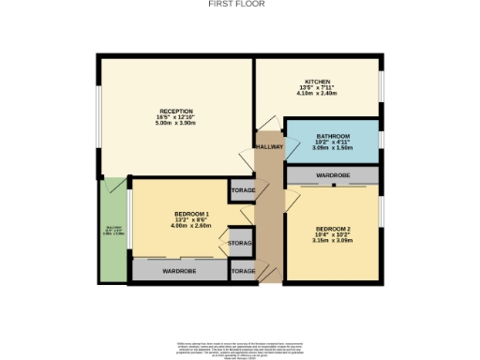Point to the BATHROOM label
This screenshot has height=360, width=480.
click(333, 137)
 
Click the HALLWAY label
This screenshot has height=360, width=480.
click(269, 147)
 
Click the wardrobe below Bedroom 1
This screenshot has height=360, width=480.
click(178, 271)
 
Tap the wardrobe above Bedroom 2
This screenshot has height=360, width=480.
click(334, 174)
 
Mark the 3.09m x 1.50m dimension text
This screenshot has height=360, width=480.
click(333, 148)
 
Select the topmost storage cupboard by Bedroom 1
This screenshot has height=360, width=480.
click(242, 189)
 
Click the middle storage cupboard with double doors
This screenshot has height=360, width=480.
click(242, 242)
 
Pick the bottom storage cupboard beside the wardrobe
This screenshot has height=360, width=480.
click(242, 271)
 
